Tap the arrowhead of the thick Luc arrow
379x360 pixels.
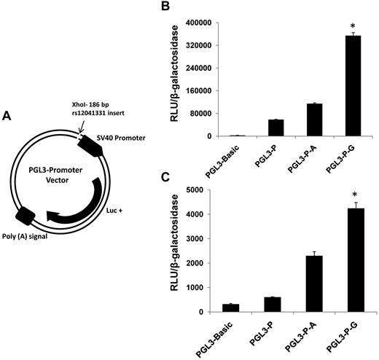tap(53, 215)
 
